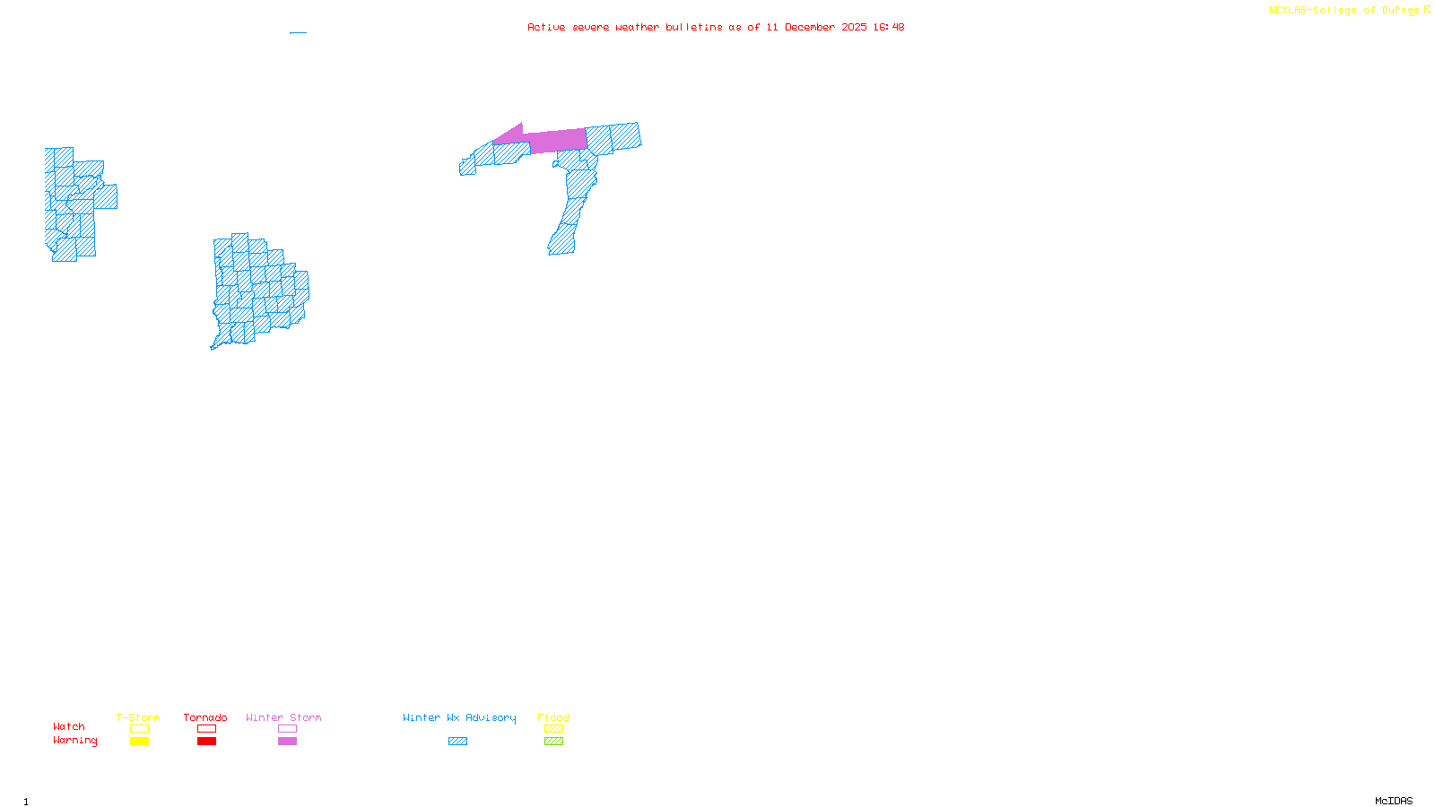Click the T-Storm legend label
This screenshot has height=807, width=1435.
pyautogui.click(x=138, y=717)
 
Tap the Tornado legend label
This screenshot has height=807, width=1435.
pyautogui.click(x=205, y=717)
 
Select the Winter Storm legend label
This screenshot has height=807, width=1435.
pyautogui.click(x=283, y=717)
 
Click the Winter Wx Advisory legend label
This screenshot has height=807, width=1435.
pyautogui.click(x=459, y=717)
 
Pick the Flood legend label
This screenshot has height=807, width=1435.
pyautogui.click(x=553, y=717)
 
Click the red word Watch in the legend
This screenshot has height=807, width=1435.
pyautogui.click(x=69, y=726)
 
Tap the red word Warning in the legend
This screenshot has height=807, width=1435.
pyautogui.click(x=75, y=741)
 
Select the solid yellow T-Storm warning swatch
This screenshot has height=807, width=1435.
pyautogui.click(x=139, y=742)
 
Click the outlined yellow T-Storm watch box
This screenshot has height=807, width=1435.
pyautogui.click(x=139, y=729)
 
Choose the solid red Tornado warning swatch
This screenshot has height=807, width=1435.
pyautogui.click(x=206, y=742)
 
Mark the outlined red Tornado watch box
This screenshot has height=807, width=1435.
pyautogui.click(x=206, y=729)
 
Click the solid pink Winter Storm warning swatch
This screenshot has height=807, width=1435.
pyautogui.click(x=287, y=742)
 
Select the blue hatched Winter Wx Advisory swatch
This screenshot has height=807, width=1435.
pyautogui.click(x=457, y=742)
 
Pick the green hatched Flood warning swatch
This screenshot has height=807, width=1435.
pyautogui.click(x=553, y=742)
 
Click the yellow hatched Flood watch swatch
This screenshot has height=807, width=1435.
pyautogui.click(x=553, y=729)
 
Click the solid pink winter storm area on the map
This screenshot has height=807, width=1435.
pyautogui.click(x=556, y=141)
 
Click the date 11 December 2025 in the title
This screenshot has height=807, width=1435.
pyautogui.click(x=816, y=27)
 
